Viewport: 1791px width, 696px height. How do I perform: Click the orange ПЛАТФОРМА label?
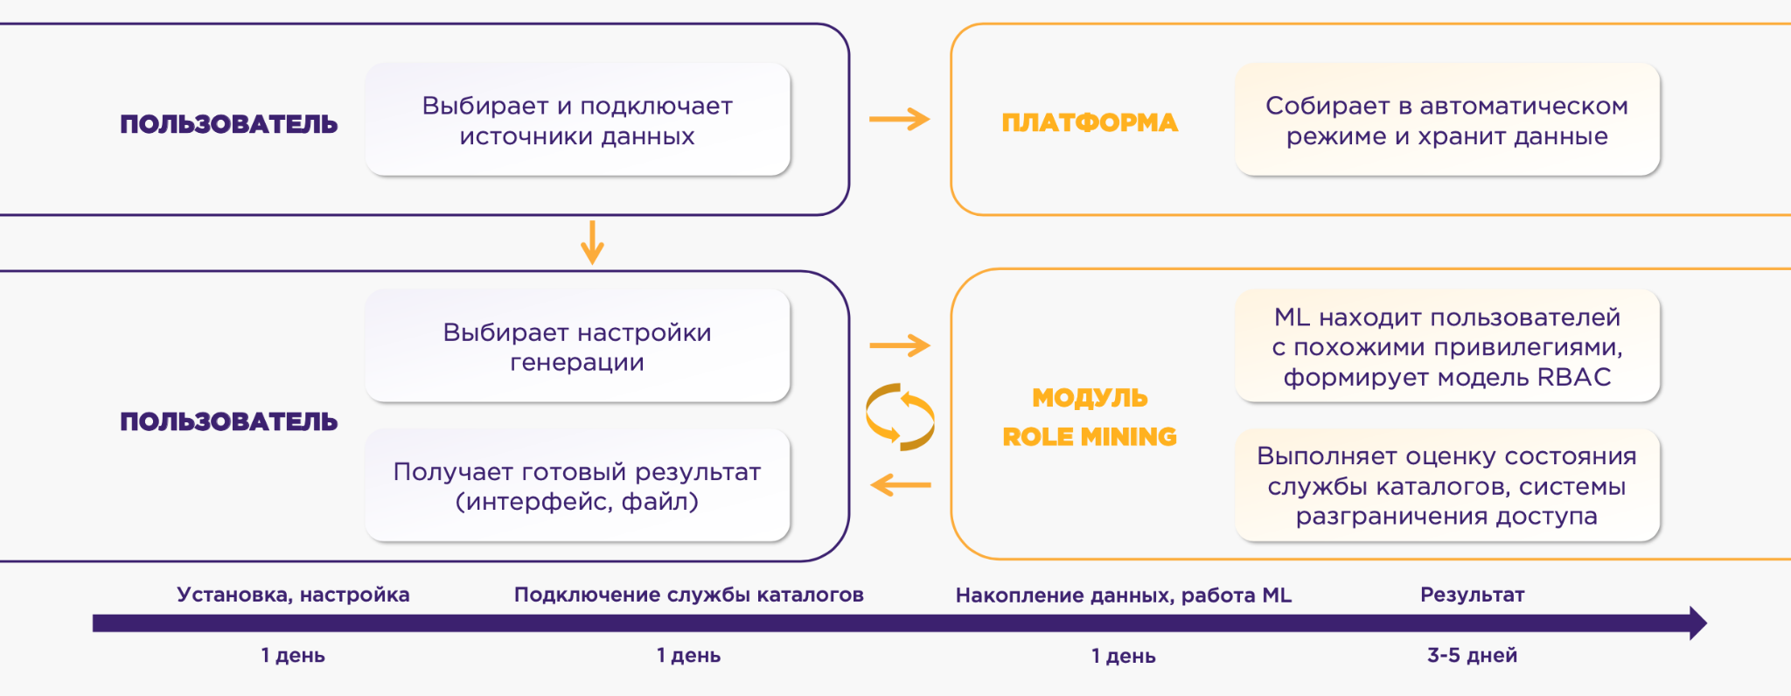point(1089,122)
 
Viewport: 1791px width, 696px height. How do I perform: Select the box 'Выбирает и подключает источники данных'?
point(577,120)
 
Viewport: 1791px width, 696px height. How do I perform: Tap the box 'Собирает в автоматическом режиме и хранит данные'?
point(1446,120)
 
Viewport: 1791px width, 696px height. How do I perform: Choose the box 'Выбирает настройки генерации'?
point(577,346)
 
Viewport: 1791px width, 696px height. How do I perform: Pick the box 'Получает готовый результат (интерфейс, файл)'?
point(577,485)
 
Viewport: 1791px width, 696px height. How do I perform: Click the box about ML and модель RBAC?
point(1446,346)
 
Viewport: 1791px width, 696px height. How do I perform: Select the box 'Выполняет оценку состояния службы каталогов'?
point(1446,485)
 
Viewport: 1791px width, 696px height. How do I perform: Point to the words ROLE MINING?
point(1089,436)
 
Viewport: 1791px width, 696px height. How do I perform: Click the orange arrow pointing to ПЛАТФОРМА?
point(899,119)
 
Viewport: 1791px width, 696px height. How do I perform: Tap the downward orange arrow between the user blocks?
point(592,242)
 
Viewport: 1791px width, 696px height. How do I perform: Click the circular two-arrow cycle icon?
point(900,417)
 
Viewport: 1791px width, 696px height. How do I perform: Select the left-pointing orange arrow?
point(901,484)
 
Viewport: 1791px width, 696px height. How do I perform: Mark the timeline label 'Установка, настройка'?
point(293,595)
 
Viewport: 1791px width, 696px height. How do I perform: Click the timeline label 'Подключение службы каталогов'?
point(688,595)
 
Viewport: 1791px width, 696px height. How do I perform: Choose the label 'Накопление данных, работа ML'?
point(1123,595)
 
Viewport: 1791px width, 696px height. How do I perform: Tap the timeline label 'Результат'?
point(1472,595)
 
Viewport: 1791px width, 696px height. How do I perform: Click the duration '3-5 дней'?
point(1472,655)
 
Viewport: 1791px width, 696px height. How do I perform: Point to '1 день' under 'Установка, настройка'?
point(293,655)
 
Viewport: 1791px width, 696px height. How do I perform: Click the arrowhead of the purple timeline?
point(1697,623)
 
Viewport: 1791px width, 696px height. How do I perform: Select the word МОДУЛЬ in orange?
point(1089,398)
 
